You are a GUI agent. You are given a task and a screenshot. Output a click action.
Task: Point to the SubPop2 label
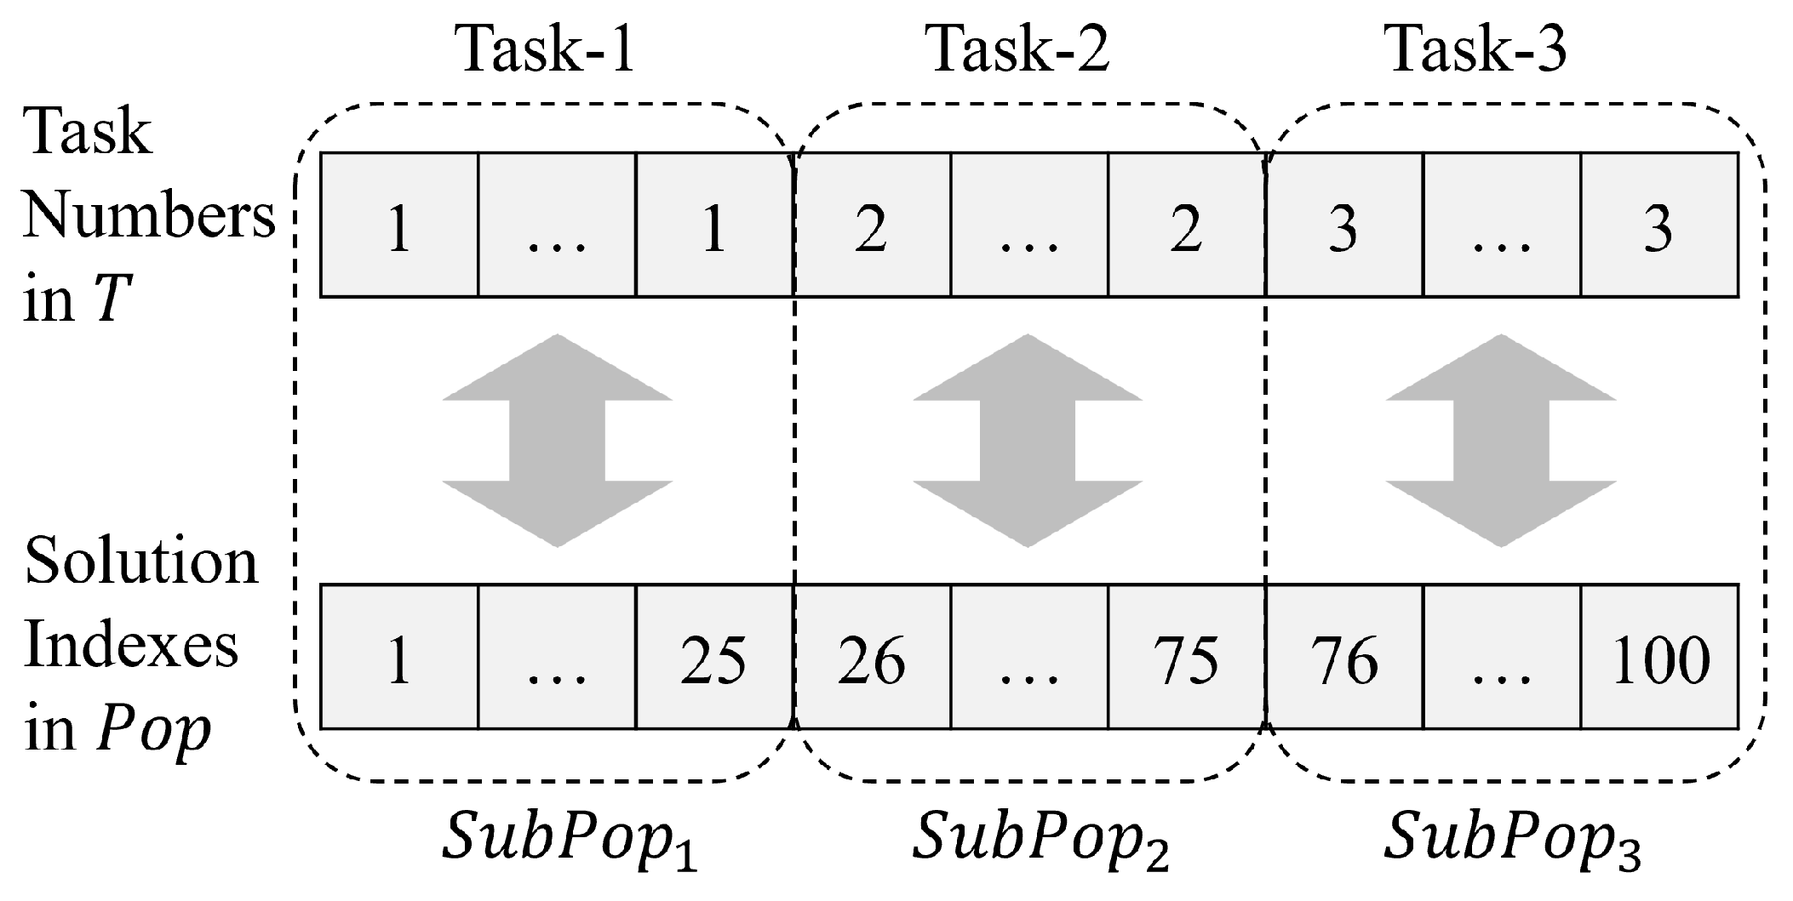coord(1040,842)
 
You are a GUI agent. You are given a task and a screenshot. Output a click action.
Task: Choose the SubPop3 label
coord(1511,842)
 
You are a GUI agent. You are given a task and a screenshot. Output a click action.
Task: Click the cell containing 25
coord(713,658)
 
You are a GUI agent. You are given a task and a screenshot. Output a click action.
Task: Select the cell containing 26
coord(872,658)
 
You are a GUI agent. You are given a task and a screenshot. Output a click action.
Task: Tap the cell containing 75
coord(1186,658)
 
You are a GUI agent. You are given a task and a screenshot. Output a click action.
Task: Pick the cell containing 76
coord(1344,658)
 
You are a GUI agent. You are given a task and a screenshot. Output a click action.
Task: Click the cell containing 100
coord(1659,658)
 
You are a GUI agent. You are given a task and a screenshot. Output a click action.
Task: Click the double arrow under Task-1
coord(558,441)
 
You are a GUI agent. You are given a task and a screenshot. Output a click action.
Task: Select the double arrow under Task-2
coord(1028,441)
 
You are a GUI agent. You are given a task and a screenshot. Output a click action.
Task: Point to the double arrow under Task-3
coord(1500,441)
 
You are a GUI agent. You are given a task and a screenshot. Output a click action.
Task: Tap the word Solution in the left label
coord(140,563)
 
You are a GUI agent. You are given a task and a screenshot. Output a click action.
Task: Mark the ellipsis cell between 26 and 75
coord(1028,658)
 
